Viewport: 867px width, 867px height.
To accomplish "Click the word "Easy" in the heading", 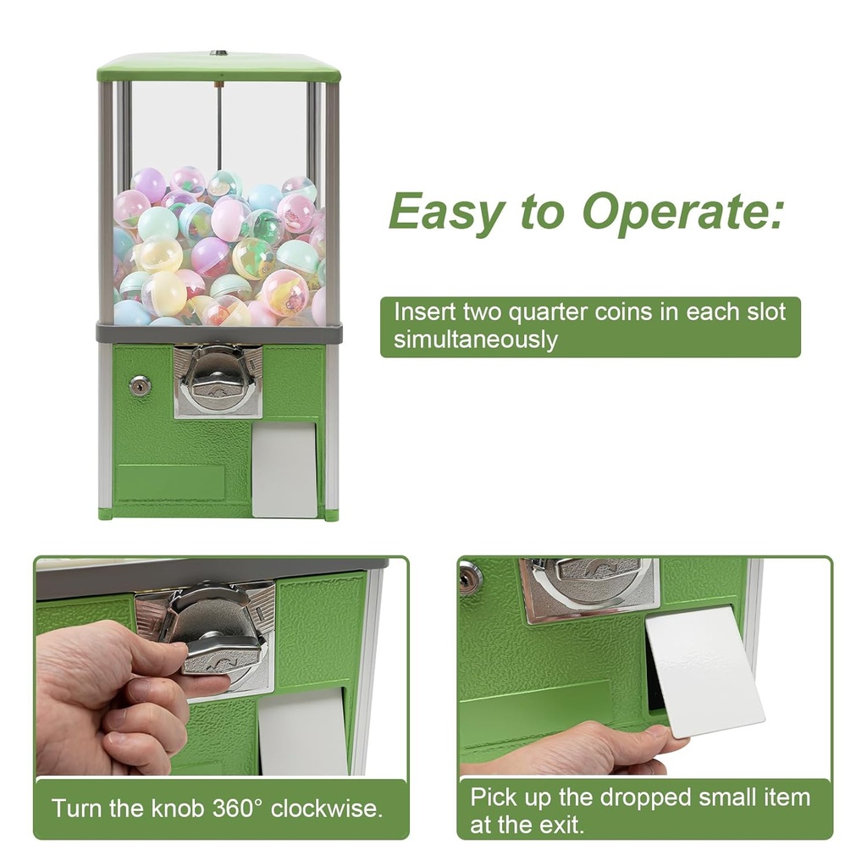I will point(446,213).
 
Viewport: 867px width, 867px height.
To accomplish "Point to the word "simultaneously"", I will point(476,340).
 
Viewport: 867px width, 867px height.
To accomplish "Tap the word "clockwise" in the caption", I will point(324,807).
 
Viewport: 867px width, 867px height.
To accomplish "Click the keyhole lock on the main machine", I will point(140,386).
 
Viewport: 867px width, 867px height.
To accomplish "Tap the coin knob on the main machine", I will point(218,380).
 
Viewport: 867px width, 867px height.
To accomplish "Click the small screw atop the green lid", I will point(218,53).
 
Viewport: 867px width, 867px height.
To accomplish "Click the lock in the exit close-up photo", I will point(469,577).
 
